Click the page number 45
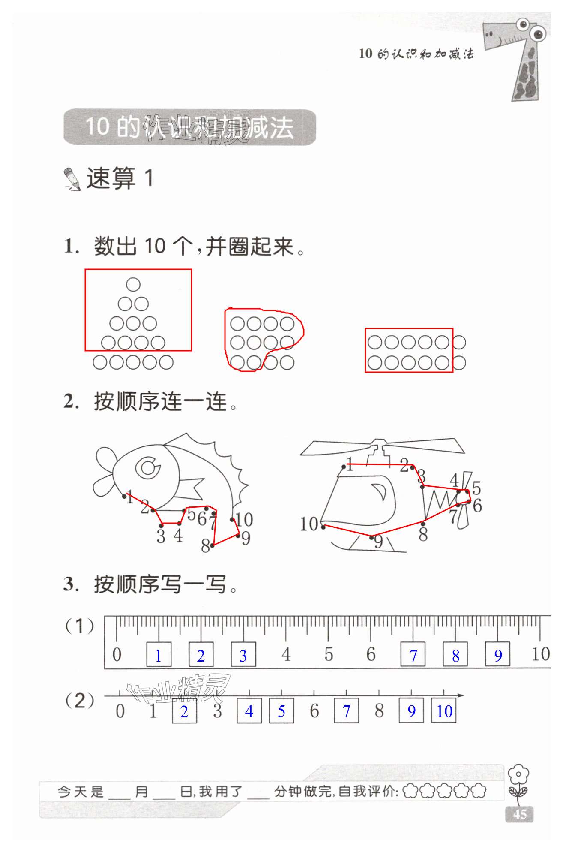pyautogui.click(x=520, y=813)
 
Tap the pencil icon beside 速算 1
pyautogui.click(x=72, y=179)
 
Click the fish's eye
pyautogui.click(x=148, y=467)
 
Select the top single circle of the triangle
pyautogui.click(x=133, y=284)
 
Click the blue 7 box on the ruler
pyautogui.click(x=413, y=655)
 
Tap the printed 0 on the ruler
pyautogui.click(x=117, y=655)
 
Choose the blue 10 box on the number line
pyautogui.click(x=444, y=711)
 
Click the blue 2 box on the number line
pyautogui.click(x=184, y=711)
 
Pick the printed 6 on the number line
pyautogui.click(x=314, y=711)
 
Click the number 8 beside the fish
pyautogui.click(x=205, y=546)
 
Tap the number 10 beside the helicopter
pyautogui.click(x=309, y=524)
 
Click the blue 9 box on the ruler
pyautogui.click(x=498, y=655)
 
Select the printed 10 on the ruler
pyautogui.click(x=540, y=654)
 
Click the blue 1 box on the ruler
pyautogui.click(x=159, y=655)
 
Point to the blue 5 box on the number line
pyautogui.click(x=281, y=711)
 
